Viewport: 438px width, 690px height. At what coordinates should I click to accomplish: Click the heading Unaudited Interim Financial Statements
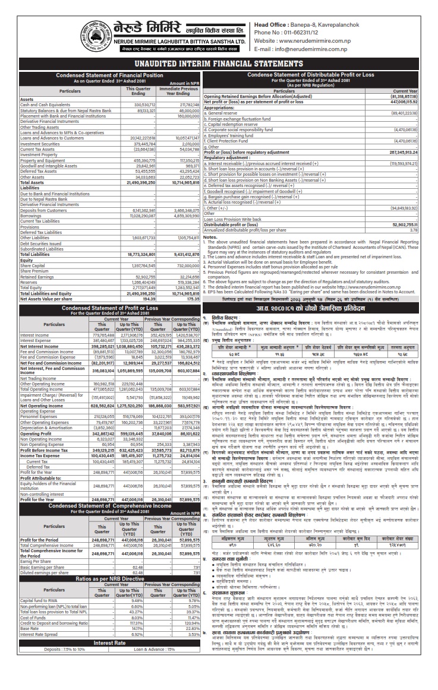tap(219, 63)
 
